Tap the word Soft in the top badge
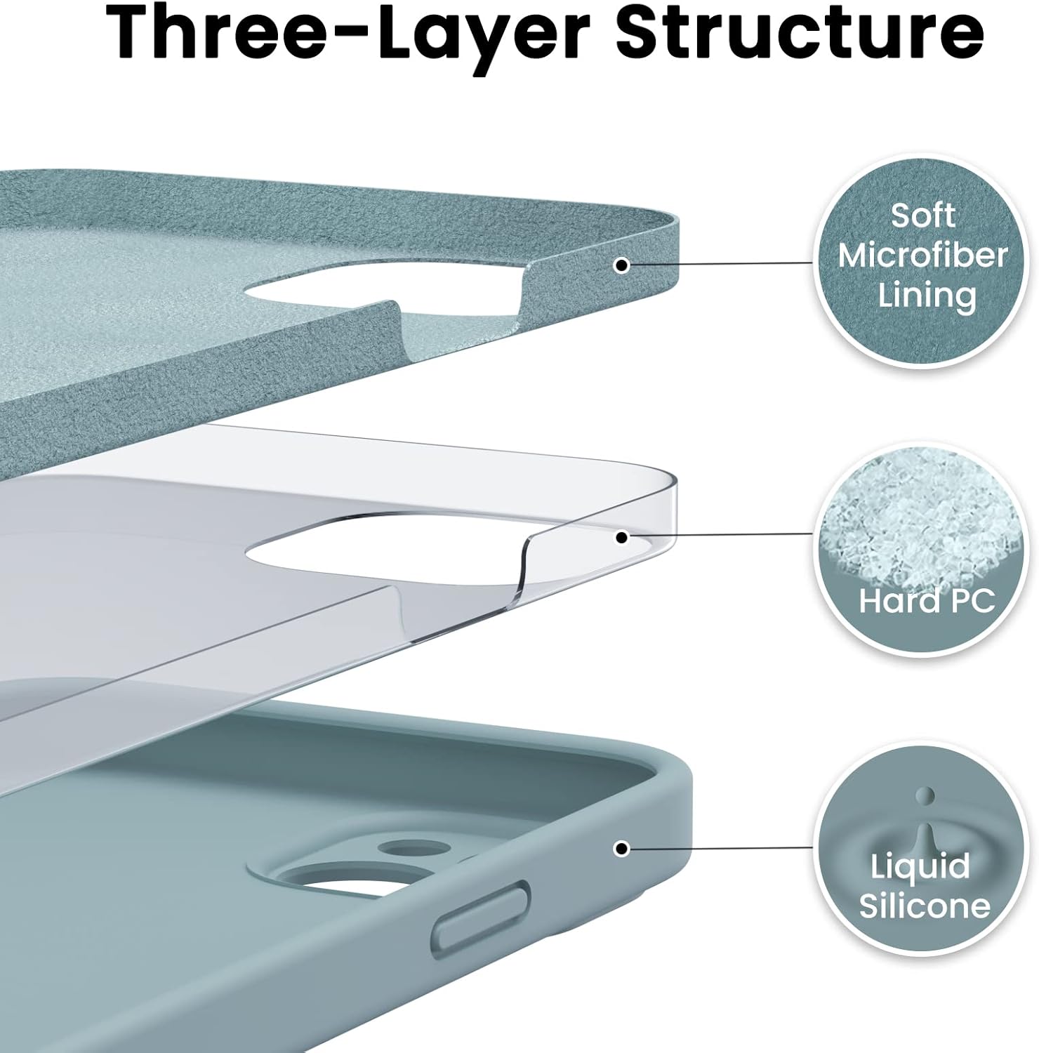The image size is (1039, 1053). coord(922,215)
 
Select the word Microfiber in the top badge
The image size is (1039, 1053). coord(922,256)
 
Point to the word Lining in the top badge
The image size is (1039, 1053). coord(927,296)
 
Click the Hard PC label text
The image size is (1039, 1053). coord(927,601)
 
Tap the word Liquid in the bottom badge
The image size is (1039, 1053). coord(920,868)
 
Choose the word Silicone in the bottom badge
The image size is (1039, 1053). coord(925,906)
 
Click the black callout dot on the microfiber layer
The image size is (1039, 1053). coord(621,265)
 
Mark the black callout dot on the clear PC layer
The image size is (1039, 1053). coord(621,538)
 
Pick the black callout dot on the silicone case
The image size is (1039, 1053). coord(621,849)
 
